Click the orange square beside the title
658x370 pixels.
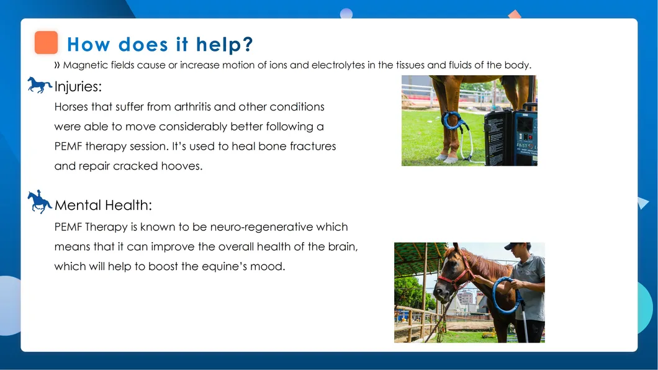pyautogui.click(x=46, y=42)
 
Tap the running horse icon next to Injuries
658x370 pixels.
pyautogui.click(x=40, y=84)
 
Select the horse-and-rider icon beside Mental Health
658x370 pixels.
pyautogui.click(x=40, y=202)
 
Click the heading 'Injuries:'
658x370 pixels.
pyautogui.click(x=78, y=87)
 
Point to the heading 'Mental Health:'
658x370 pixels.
pyautogui.click(x=103, y=205)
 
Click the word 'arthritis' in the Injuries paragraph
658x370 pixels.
pyautogui.click(x=192, y=107)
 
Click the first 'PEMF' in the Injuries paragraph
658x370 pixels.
pyautogui.click(x=68, y=147)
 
